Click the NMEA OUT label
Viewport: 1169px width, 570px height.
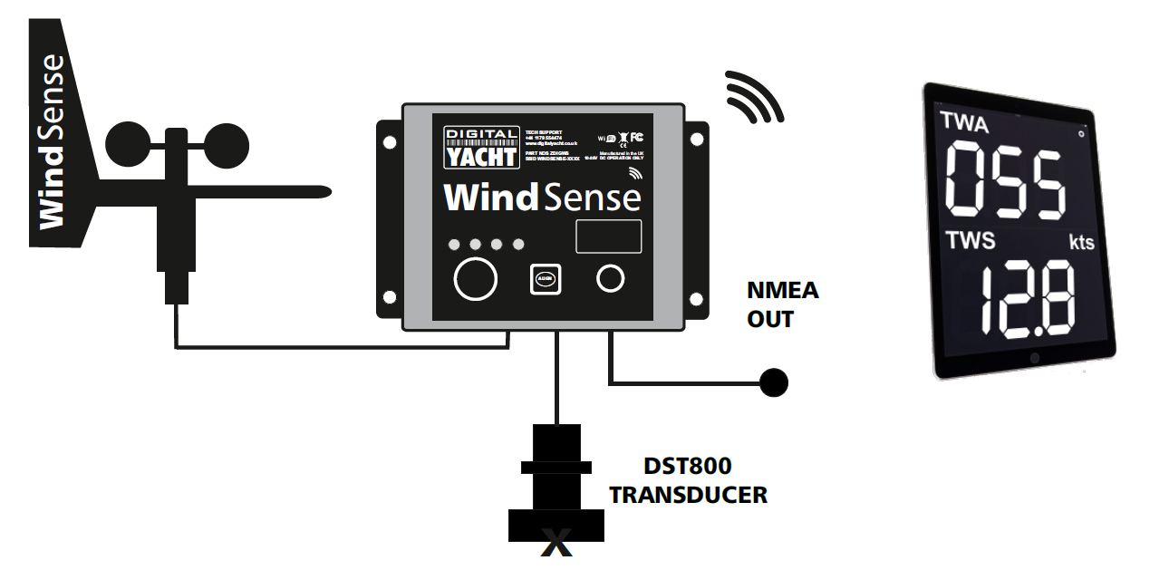(782, 304)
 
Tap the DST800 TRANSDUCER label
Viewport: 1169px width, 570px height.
(688, 481)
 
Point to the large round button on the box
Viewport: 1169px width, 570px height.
(476, 277)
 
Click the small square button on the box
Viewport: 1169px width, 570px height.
(544, 279)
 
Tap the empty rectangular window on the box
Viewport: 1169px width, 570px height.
(609, 237)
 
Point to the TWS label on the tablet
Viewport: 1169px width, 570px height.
(971, 240)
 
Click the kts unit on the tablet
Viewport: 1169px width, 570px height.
(1080, 242)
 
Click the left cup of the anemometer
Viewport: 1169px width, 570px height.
(129, 144)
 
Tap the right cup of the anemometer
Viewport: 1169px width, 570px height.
(226, 144)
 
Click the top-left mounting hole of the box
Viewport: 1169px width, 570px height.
(389, 142)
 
